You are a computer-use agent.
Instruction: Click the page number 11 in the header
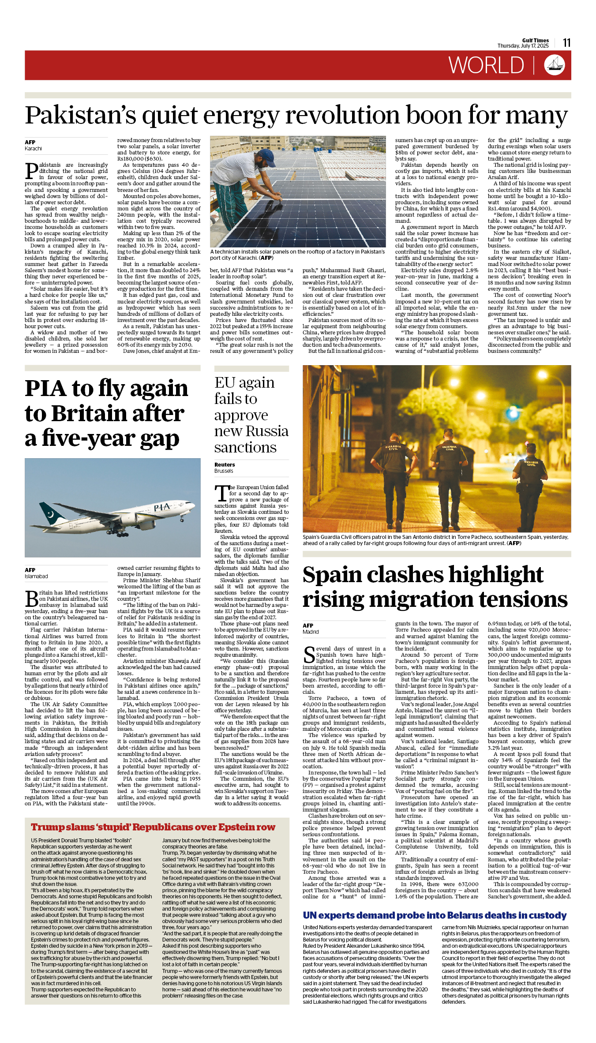[567, 43]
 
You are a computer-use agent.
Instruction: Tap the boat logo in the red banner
[555, 65]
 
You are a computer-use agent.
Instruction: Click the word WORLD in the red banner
[486, 65]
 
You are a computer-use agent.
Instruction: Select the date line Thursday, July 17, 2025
[523, 46]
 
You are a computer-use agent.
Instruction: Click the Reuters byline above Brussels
[225, 465]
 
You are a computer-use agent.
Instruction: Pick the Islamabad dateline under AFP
[36, 576]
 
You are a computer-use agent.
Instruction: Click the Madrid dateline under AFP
[311, 632]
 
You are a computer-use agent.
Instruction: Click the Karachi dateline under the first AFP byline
[33, 149]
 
